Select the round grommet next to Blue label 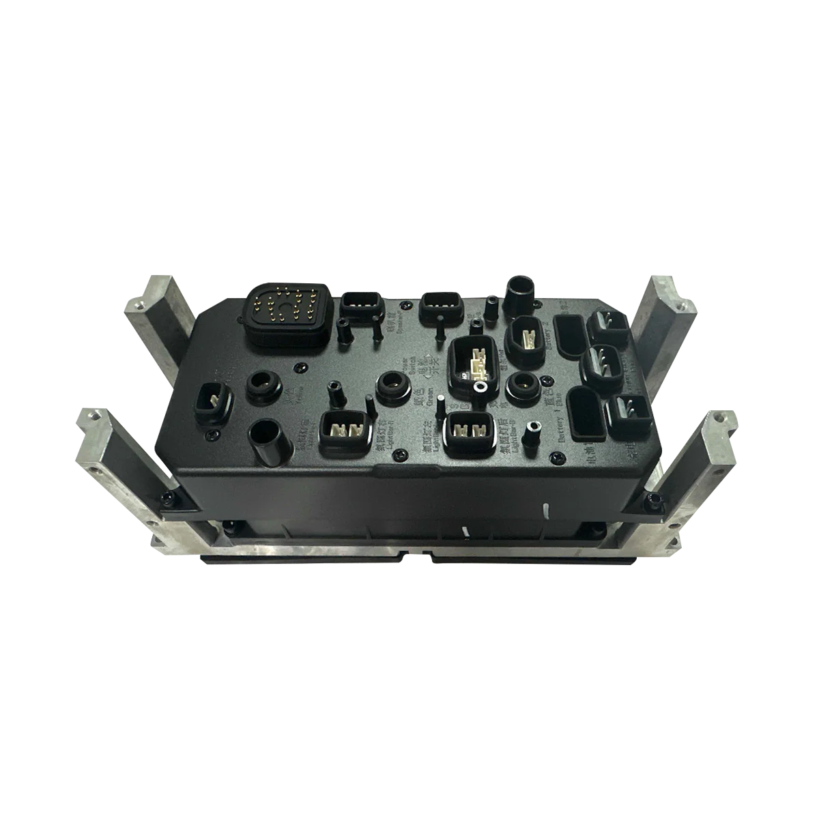(x=523, y=384)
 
